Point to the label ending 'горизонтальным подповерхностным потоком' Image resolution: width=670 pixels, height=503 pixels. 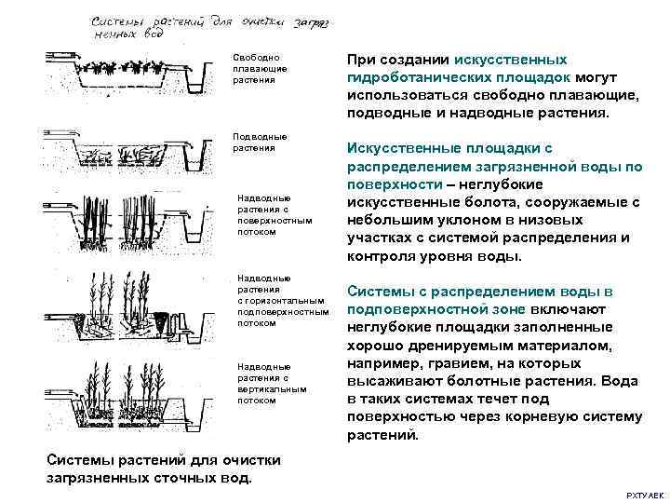[281, 301]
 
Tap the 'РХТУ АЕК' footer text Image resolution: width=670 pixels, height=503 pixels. [643, 494]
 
